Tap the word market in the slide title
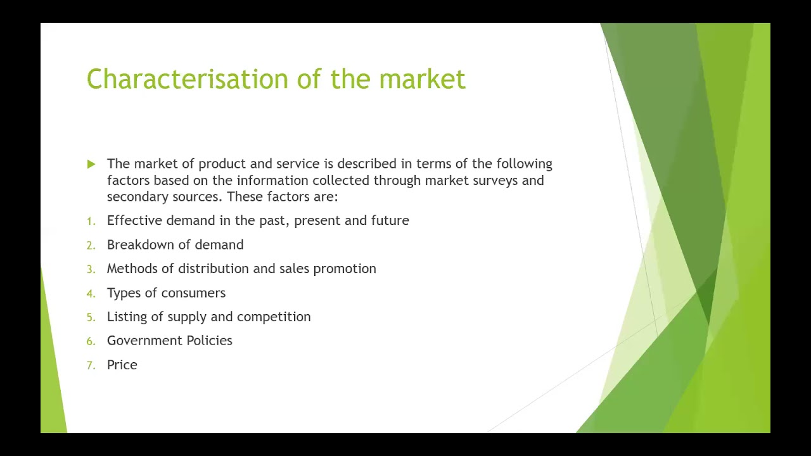click(x=422, y=79)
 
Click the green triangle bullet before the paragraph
click(x=91, y=164)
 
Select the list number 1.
click(x=91, y=221)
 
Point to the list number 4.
click(x=91, y=293)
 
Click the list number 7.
click(x=91, y=365)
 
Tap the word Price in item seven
click(x=122, y=365)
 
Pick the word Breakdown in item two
click(x=133, y=244)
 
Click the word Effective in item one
click(x=134, y=220)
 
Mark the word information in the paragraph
click(x=271, y=180)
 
